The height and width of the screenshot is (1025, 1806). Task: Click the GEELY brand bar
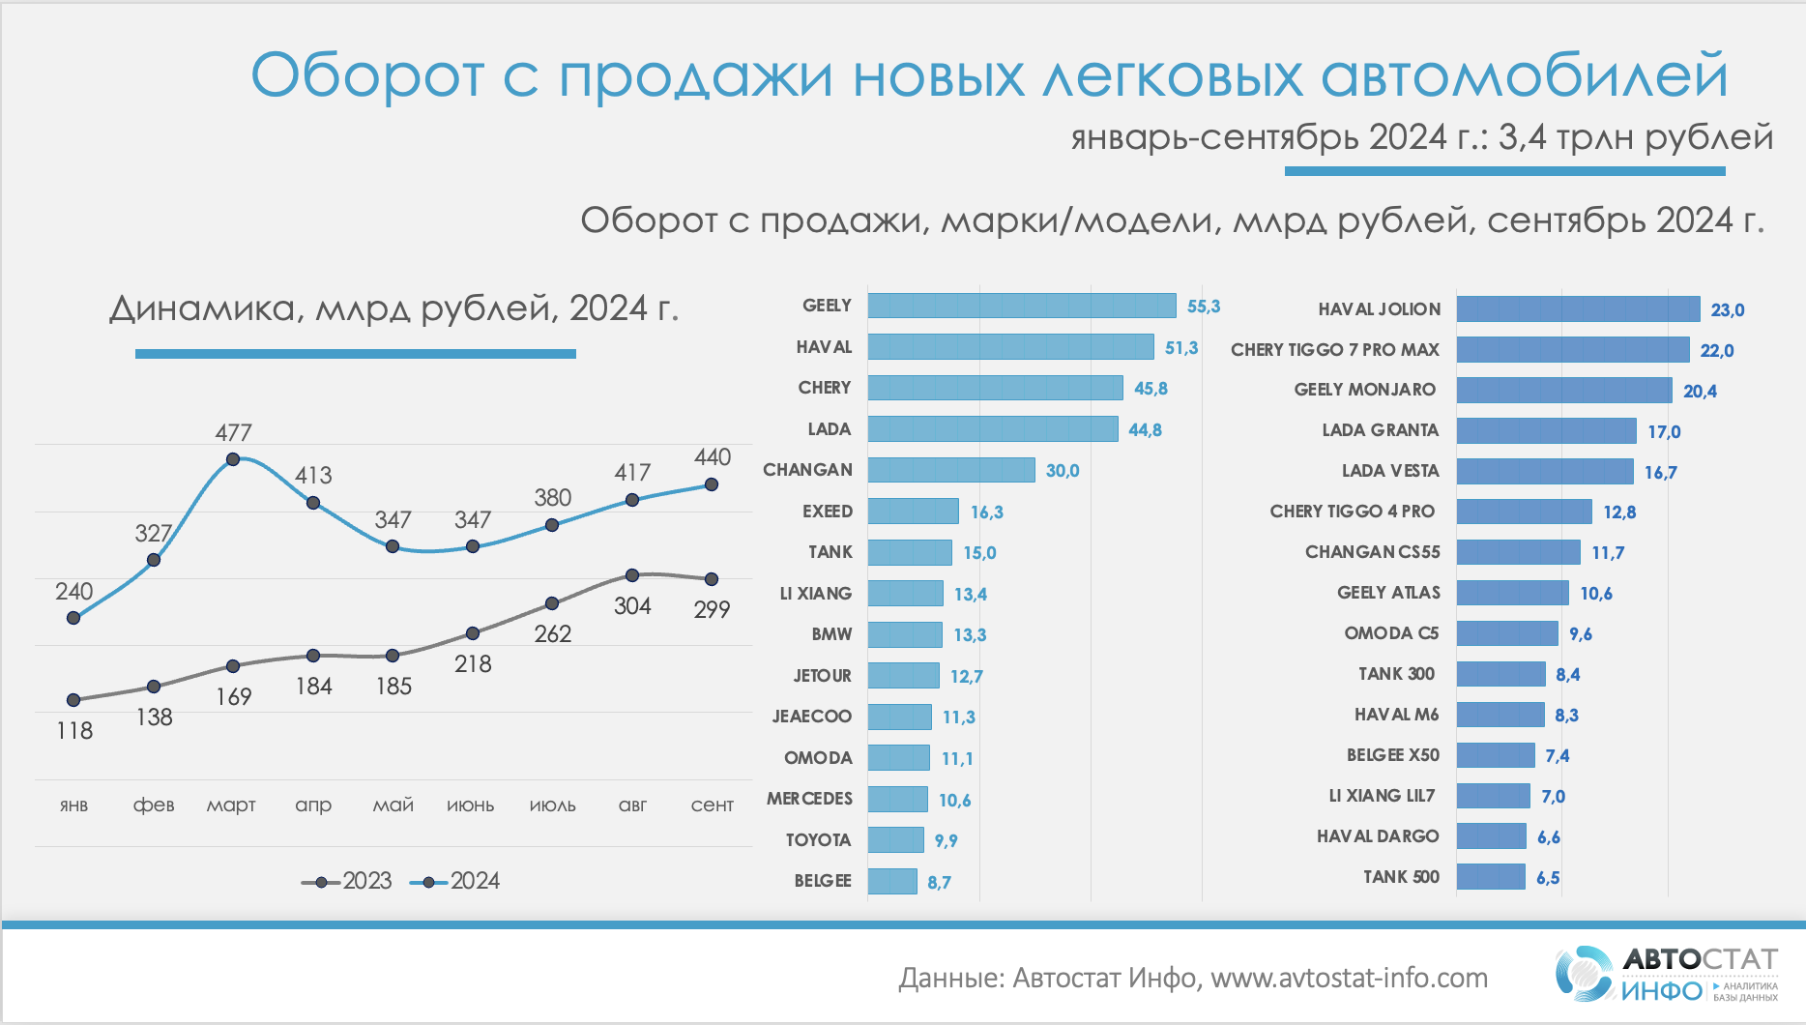[x=1021, y=306]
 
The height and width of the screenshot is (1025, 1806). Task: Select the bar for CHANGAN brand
[x=951, y=470]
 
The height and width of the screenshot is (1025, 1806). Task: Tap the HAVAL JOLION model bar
[x=1578, y=309]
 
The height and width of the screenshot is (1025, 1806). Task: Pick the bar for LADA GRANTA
[x=1546, y=430]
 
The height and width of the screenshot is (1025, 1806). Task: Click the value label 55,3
[x=1204, y=307]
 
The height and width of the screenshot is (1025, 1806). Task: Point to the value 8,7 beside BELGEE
[x=939, y=882]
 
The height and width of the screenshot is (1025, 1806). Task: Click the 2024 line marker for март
[x=233, y=459]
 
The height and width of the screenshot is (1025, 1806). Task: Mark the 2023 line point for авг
[x=632, y=575]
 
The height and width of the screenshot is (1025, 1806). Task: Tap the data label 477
[x=233, y=433]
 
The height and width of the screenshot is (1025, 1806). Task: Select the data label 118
[x=74, y=731]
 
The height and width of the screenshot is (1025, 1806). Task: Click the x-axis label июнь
[x=471, y=805]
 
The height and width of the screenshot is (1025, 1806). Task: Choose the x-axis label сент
[x=712, y=805]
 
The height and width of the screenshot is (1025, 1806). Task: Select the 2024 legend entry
[x=455, y=881]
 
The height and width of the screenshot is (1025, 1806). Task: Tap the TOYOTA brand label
[x=818, y=840]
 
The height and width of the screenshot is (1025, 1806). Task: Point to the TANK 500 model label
[x=1401, y=877]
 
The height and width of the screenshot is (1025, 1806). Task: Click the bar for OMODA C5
[x=1507, y=633]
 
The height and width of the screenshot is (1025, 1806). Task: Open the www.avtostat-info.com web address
[x=1349, y=979]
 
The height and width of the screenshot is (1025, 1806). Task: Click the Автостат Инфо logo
[x=1666, y=974]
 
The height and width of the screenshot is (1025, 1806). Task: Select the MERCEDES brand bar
[x=897, y=799]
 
